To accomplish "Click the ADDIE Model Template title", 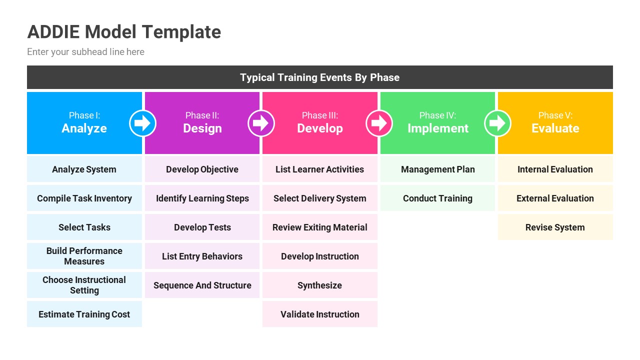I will coord(124,32).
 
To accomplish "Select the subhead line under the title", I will coord(85,52).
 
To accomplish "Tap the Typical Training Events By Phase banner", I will coord(319,77).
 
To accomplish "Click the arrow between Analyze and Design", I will coord(143,123).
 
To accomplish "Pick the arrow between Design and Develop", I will coord(261,123).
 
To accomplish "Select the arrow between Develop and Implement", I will coord(379,123).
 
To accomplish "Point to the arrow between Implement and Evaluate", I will coord(497,123).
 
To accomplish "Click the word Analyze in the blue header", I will coord(84,128).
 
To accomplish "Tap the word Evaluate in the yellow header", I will coord(555,128).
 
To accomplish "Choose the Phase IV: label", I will coord(437,115).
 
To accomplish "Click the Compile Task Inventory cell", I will coord(84,198).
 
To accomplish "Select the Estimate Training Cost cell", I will coord(84,314).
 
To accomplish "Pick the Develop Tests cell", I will coord(202,227).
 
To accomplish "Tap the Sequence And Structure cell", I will coord(202,285).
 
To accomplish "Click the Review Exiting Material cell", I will coord(320,227).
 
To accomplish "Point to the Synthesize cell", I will coord(320,285).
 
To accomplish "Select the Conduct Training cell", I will coord(437,198).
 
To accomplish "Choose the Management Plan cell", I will coord(437,169).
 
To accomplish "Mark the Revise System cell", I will coord(555,227).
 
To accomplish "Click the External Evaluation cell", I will coord(555,198).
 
